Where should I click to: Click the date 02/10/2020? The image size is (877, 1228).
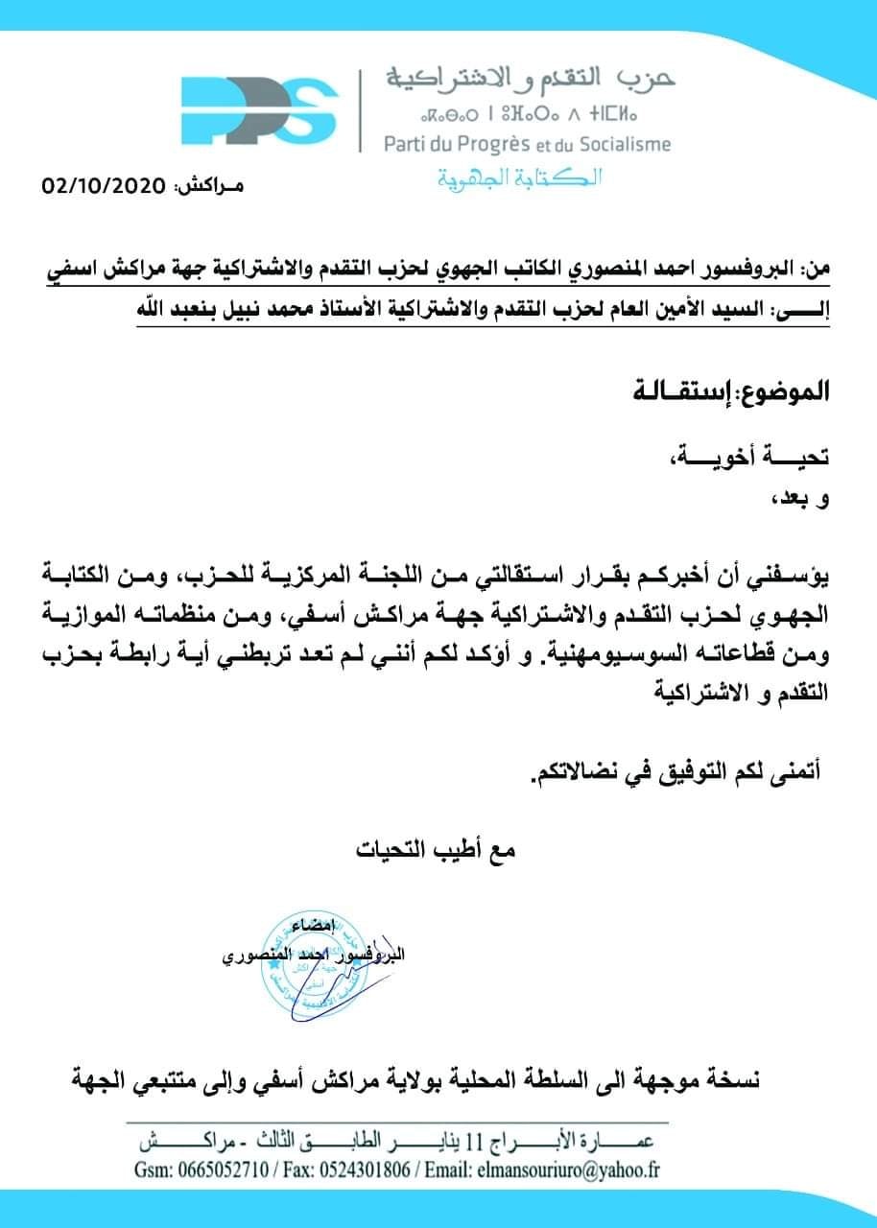[105, 185]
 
